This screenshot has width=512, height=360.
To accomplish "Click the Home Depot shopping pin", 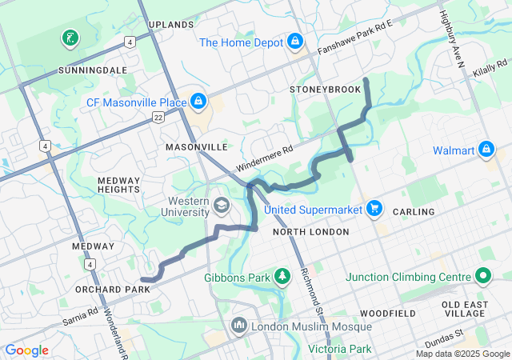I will [x=295, y=40].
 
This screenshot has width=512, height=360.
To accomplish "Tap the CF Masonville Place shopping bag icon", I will [x=197, y=101].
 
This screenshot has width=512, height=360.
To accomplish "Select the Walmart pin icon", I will [x=486, y=150].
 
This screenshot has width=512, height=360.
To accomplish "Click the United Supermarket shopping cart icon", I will [x=374, y=209].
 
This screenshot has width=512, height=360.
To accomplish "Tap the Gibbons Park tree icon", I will [x=282, y=277].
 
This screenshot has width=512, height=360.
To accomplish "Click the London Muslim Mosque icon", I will [x=238, y=326].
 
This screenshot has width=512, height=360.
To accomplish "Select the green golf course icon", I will [x=70, y=38].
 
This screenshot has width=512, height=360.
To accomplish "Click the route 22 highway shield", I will [x=159, y=118].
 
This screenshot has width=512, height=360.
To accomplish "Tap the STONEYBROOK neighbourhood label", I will [x=326, y=90].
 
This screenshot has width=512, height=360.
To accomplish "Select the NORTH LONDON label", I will [x=310, y=232].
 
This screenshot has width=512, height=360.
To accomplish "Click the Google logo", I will [x=27, y=350].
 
